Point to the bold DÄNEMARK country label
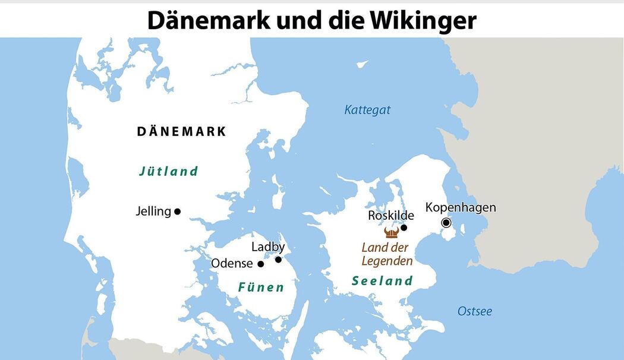pos(182,131)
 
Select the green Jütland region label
pos(168,172)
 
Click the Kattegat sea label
pos(367,110)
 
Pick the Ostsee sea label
pos(474,311)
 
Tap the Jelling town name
pos(153,211)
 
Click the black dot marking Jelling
pos(177,211)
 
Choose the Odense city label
pos(232,263)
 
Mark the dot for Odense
pos(260,263)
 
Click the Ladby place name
pos(268,247)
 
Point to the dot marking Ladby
pos(278,259)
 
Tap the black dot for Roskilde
pos(404,228)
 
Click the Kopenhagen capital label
pos(461,207)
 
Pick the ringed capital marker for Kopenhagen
pos(446,223)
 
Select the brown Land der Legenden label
pos(387,254)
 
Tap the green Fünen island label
pos(261,288)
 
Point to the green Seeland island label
pos(382,281)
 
